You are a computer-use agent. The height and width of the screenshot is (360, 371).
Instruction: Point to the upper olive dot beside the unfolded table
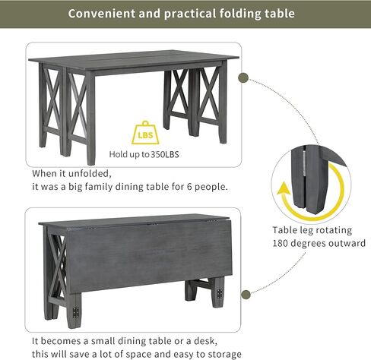(244, 78)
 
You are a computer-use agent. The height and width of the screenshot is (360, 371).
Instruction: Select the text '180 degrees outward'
(319, 244)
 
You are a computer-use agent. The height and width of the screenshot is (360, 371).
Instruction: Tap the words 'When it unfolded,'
(71, 173)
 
